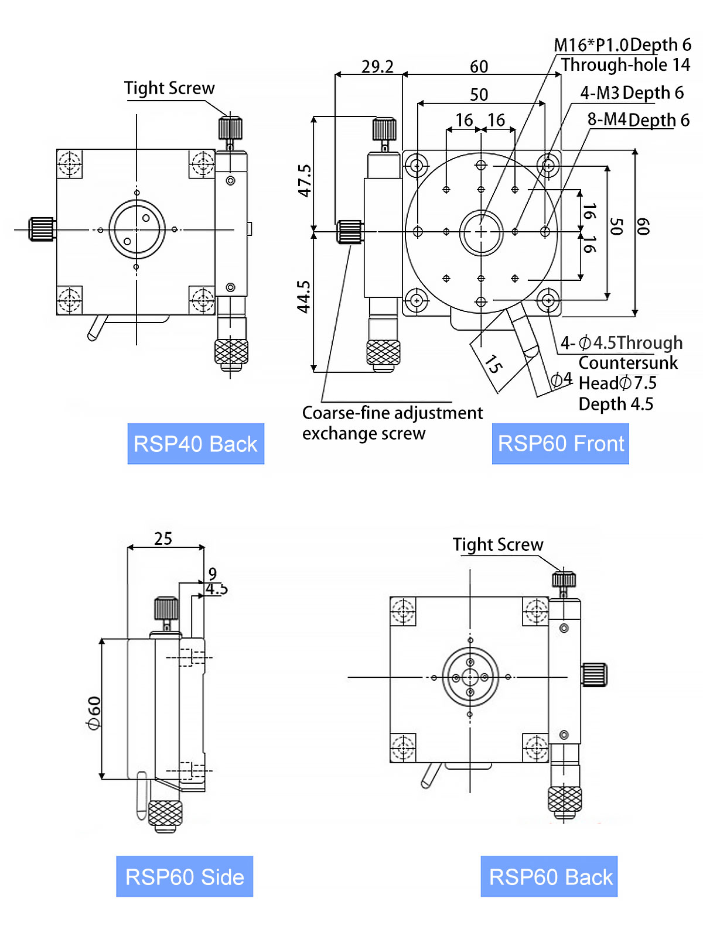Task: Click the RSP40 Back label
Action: [x=196, y=444]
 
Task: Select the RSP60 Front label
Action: [x=561, y=444]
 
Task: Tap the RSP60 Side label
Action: [x=185, y=877]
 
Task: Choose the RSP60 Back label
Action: [x=550, y=877]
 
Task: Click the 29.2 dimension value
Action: [x=377, y=67]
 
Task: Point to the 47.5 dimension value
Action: [x=305, y=180]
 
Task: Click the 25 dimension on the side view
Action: [x=163, y=539]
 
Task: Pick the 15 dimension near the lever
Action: [x=493, y=364]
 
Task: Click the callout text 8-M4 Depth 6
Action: [x=639, y=120]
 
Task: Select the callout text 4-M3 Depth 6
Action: [x=632, y=92]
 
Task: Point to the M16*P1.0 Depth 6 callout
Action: [x=622, y=45]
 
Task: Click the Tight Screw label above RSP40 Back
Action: [x=169, y=88]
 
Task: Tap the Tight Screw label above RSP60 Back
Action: [x=498, y=545]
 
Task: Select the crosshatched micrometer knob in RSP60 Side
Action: [x=165, y=813]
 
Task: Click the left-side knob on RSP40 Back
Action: [x=42, y=229]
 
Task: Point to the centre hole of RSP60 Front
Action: [x=481, y=232]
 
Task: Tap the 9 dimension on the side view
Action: [x=212, y=574]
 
